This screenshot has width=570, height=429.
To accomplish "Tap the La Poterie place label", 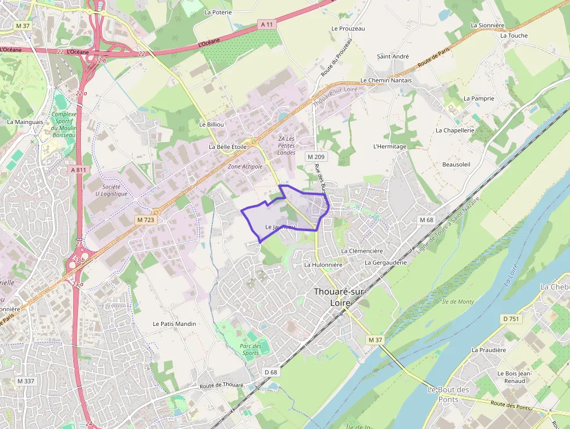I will tap(218, 12).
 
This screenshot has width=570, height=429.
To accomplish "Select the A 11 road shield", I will tap(266, 24).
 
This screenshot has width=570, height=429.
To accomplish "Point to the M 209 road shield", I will tap(317, 157).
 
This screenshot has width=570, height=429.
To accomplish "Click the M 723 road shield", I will tap(145, 219).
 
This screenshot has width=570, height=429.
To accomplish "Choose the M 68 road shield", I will tap(426, 219).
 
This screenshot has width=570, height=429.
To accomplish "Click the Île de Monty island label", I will tap(458, 302).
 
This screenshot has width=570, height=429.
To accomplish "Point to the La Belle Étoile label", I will tap(227, 147).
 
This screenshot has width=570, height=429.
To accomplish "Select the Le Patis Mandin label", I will tap(174, 324).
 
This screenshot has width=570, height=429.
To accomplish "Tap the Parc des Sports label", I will tap(251, 349).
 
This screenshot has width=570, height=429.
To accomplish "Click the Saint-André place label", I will tap(393, 56).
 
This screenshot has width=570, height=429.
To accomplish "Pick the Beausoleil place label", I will tap(456, 165).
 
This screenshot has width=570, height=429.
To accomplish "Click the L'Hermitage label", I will tap(390, 146).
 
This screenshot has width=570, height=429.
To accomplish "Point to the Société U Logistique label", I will tap(111, 190).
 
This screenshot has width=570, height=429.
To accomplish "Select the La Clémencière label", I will tap(362, 251).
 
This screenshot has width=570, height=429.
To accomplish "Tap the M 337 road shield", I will tap(26, 381).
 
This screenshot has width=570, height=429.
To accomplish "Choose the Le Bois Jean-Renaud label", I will tap(511, 377).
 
